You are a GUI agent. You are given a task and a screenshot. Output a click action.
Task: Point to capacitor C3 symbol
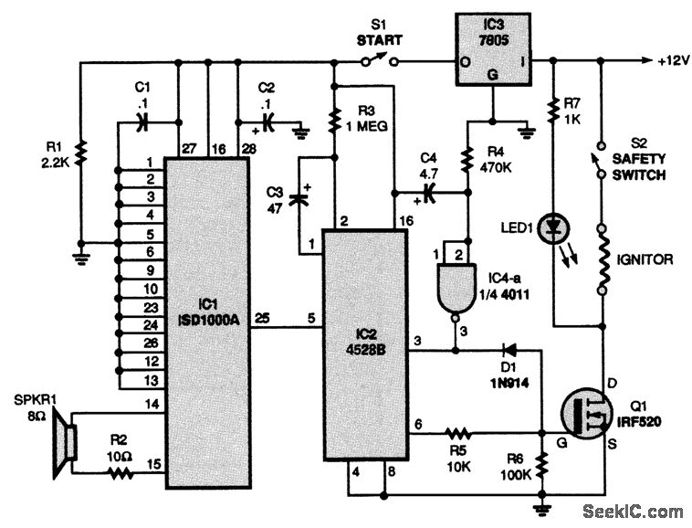(299, 198)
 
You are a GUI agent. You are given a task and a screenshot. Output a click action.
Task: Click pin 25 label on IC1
(261, 317)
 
